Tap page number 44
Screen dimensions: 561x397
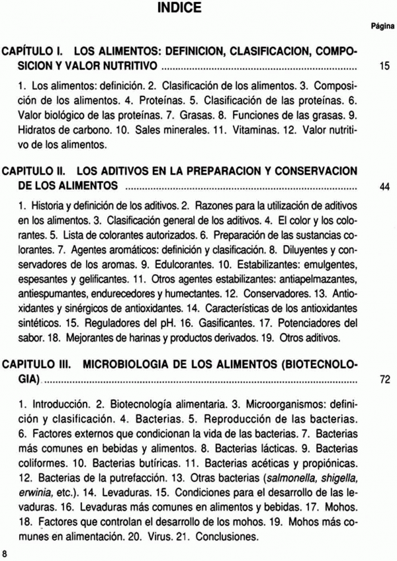pos(383,187)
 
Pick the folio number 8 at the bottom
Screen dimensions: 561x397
pos(5,552)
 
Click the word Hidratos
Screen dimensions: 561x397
pos(36,129)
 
